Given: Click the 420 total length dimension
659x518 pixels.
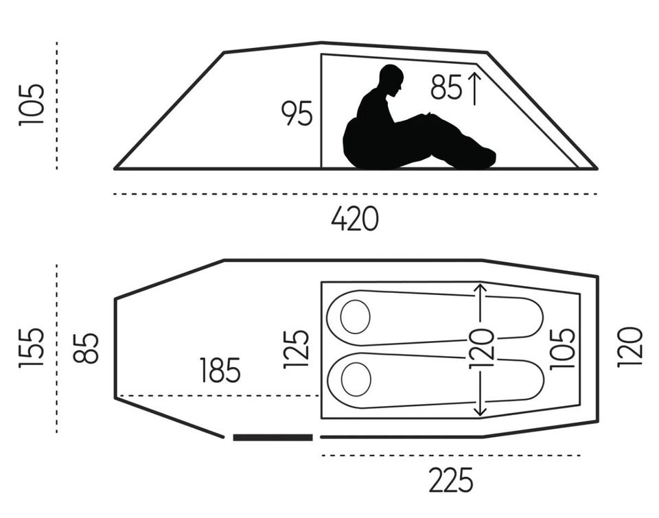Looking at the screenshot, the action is pos(355,219).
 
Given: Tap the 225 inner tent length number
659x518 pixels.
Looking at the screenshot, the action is pos(450,480).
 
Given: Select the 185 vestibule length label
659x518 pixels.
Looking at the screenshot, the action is pos(220,370).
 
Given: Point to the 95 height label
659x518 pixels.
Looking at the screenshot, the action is pos(297,113).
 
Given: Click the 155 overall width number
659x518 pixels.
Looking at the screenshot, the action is pos(31,348).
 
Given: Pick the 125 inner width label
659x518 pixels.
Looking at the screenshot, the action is pos(296,349).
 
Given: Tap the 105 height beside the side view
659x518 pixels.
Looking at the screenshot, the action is pos(31,105).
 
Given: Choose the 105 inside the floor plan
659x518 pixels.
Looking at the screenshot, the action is pos(562,349).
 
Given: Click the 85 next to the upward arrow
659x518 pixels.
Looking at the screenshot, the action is pos(446,87).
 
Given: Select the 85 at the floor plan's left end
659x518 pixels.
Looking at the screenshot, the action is pos(86,348).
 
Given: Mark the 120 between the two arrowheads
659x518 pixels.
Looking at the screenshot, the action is pos(481,349).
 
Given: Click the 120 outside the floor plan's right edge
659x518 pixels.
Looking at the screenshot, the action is pos(630,347).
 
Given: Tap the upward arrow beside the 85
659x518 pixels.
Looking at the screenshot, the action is pos(474,89).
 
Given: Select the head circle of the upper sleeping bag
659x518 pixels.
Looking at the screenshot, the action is pos(355,317).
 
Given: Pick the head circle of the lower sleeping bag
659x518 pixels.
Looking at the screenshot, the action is pos(356,379).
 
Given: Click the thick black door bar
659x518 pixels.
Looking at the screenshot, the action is pos(273,437).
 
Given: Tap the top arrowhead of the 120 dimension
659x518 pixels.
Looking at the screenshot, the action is pos(480,288).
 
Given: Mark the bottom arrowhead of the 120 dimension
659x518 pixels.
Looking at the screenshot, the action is pos(480,411).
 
